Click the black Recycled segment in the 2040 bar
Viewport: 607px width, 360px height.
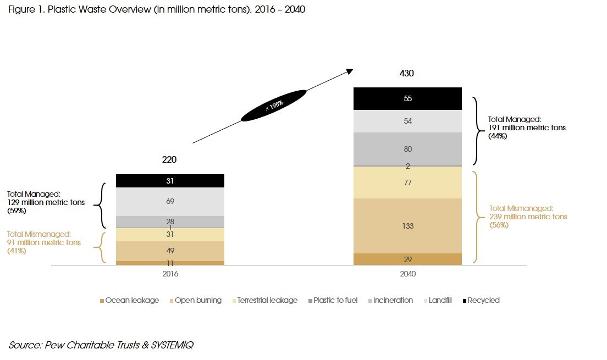tap(407, 99)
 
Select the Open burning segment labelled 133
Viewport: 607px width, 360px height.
tap(407, 226)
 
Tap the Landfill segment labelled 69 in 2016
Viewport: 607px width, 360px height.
tap(170, 202)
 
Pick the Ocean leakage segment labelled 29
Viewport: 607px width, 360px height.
tap(407, 259)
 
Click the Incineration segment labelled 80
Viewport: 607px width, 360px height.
tap(407, 149)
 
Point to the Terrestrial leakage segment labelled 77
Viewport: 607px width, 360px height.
tap(407, 182)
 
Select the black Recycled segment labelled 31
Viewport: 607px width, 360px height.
tap(170, 181)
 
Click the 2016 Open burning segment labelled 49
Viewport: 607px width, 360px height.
tap(170, 251)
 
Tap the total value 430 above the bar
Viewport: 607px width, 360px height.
tap(406, 73)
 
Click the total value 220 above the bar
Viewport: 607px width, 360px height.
tap(169, 160)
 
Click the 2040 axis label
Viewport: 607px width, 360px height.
tap(407, 273)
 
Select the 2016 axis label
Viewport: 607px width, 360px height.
tap(170, 273)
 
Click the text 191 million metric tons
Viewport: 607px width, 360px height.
tap(527, 128)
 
